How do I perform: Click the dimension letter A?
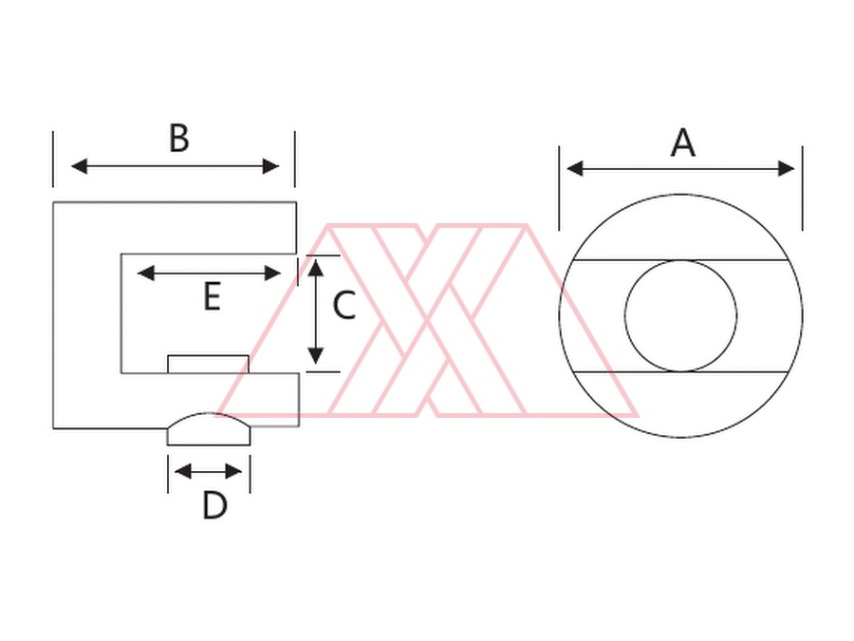(683, 142)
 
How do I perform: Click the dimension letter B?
(179, 138)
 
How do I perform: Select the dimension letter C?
(343, 305)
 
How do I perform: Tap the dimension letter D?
(214, 505)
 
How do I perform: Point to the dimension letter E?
(212, 296)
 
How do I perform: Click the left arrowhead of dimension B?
(80, 166)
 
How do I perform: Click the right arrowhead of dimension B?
(270, 166)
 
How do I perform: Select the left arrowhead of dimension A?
(575, 168)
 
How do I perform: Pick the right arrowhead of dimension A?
(787, 168)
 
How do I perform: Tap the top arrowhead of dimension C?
(316, 268)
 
